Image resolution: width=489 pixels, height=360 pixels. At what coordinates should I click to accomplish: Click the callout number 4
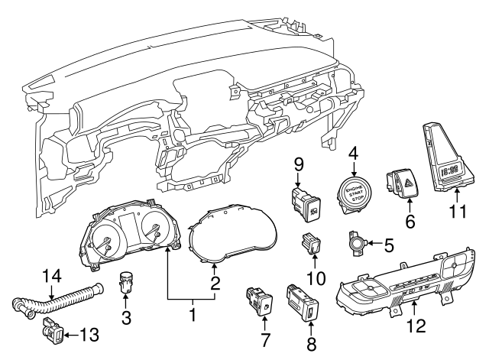352,152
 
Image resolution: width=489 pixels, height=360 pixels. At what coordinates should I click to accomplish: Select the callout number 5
387,245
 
